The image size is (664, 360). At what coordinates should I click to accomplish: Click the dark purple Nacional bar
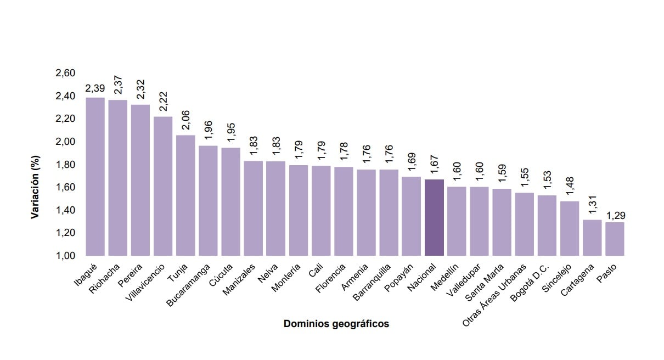tap(434, 217)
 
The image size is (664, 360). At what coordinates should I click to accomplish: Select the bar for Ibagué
tap(95, 176)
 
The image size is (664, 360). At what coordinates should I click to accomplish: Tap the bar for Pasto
tap(615, 239)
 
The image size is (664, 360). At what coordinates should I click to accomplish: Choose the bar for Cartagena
tap(592, 238)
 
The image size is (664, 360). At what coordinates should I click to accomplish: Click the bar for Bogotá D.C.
tap(547, 225)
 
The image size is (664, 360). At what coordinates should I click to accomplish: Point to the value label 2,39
tap(95, 88)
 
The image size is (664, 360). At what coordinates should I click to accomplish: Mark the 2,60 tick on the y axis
tap(65, 73)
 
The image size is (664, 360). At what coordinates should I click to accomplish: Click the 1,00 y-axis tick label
tap(65, 256)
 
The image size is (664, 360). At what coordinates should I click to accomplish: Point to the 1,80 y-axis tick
tap(65, 165)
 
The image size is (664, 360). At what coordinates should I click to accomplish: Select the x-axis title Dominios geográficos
tap(336, 324)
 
